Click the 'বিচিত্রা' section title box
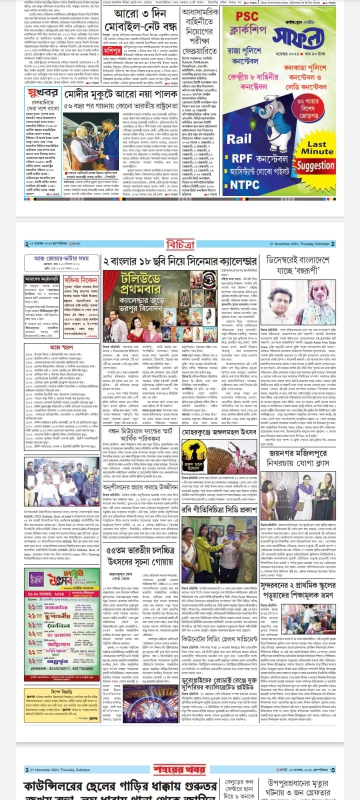(180, 244)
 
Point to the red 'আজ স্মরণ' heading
(62, 333)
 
